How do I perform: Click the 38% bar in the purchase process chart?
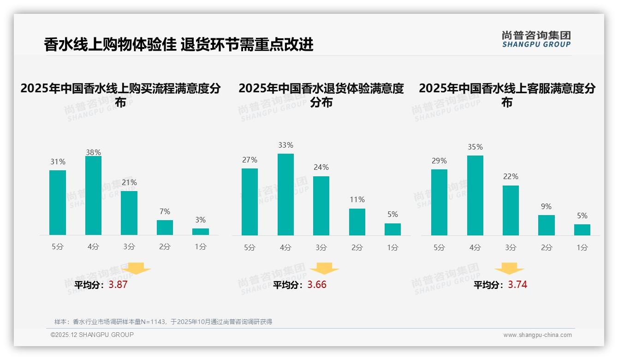coord(93,196)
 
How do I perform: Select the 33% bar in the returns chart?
coord(285,194)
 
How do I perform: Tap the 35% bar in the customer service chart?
coord(475,195)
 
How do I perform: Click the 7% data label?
coord(165,211)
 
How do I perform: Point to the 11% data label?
coord(357,199)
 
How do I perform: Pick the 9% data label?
coord(546,206)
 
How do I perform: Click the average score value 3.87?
coord(118,285)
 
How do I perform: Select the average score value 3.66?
coord(317,285)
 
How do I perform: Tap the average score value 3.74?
coord(517,285)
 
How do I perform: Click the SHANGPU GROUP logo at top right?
coord(536,39)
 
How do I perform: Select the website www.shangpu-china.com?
coord(537,335)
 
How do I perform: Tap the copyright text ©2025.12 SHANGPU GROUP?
coord(92,335)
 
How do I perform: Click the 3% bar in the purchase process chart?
coord(201,232)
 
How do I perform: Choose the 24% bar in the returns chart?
coord(321,206)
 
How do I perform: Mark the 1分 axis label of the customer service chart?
coord(582,248)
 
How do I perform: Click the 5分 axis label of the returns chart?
coord(250,248)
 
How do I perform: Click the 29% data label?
coord(439,161)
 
